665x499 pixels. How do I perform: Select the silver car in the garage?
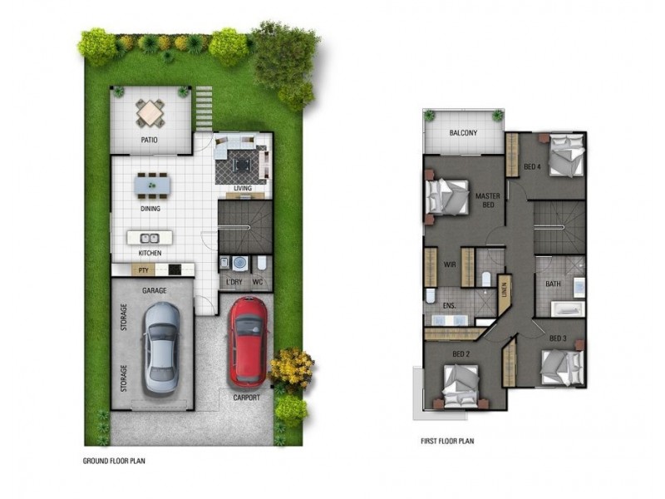point(161,347)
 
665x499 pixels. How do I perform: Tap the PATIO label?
point(150,141)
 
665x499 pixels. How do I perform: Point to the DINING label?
point(150,209)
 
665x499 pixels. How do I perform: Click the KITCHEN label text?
point(150,252)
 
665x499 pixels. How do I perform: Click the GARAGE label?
point(154,290)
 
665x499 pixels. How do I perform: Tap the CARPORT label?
point(247,398)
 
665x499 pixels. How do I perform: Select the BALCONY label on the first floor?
point(463,133)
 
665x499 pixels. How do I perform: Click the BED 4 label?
point(532,166)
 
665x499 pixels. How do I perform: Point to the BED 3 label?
point(558,338)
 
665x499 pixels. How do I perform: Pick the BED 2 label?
point(462,354)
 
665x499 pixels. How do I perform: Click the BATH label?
point(553,284)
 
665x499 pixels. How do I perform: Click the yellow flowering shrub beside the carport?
point(292,366)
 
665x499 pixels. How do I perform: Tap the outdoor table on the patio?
point(150,111)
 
